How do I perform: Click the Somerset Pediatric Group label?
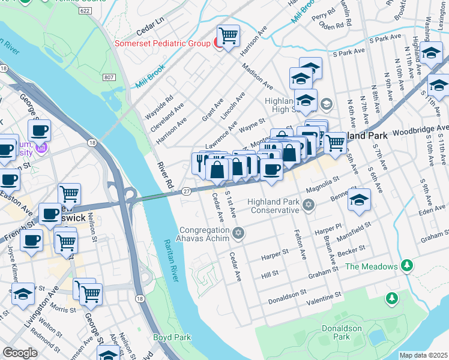point(162,43)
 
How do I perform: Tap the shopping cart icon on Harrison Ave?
point(228,37)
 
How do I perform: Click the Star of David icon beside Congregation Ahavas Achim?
point(238,233)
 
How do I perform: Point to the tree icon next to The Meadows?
point(408,265)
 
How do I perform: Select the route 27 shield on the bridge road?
point(187,191)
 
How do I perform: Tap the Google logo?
point(20,352)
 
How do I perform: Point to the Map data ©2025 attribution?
point(423,355)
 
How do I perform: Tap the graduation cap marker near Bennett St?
point(359,200)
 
